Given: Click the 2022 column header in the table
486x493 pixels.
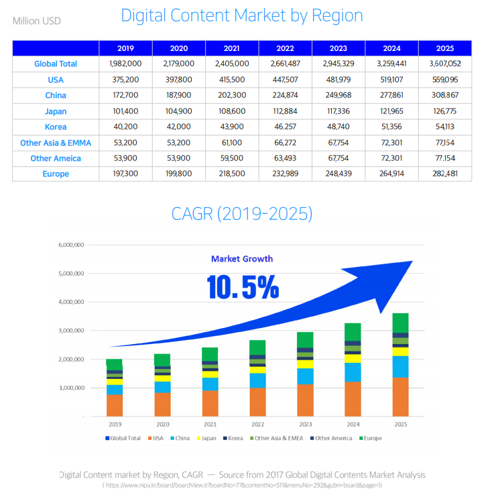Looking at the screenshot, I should click(285, 48).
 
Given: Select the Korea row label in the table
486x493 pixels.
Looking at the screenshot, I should click(56, 127).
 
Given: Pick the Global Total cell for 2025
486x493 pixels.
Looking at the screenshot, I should click(445, 64).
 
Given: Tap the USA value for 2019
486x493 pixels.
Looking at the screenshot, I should click(125, 80).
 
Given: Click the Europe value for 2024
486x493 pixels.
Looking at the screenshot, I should click(391, 174).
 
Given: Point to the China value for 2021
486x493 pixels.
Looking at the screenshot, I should click(232, 95).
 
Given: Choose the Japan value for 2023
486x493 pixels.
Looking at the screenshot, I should click(339, 111).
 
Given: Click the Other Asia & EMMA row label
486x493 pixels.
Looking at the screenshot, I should click(56, 143).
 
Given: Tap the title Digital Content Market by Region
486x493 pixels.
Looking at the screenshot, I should click(242, 15).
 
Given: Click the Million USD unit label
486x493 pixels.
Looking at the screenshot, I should click(36, 21).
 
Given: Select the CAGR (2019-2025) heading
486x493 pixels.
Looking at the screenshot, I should click(242, 214).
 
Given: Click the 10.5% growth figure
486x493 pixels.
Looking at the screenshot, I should click(243, 287).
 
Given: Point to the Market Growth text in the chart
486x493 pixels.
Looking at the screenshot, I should click(242, 259).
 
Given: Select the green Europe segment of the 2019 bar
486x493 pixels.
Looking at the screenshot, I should click(114, 364).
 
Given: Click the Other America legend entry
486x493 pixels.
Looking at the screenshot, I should click(332, 439).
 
